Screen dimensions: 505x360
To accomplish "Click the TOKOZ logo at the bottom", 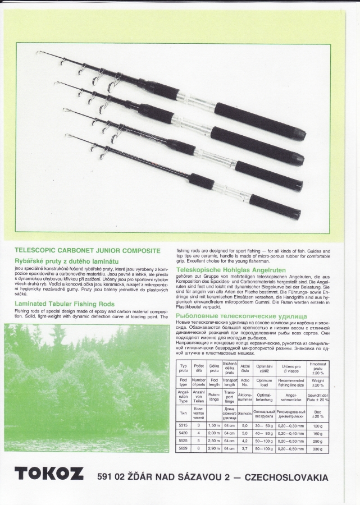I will [x=49, y=474].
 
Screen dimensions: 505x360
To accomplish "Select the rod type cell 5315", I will [x=183, y=425].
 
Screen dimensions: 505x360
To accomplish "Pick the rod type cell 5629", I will [x=183, y=448].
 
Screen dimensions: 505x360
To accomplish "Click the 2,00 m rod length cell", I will [x=214, y=433].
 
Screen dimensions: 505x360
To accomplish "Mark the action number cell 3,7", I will [x=244, y=448].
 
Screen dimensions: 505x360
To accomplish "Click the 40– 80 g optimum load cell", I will [x=264, y=433].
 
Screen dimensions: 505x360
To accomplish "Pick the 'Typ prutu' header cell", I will [x=183, y=368].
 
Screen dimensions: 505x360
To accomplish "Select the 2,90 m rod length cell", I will [x=214, y=448].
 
